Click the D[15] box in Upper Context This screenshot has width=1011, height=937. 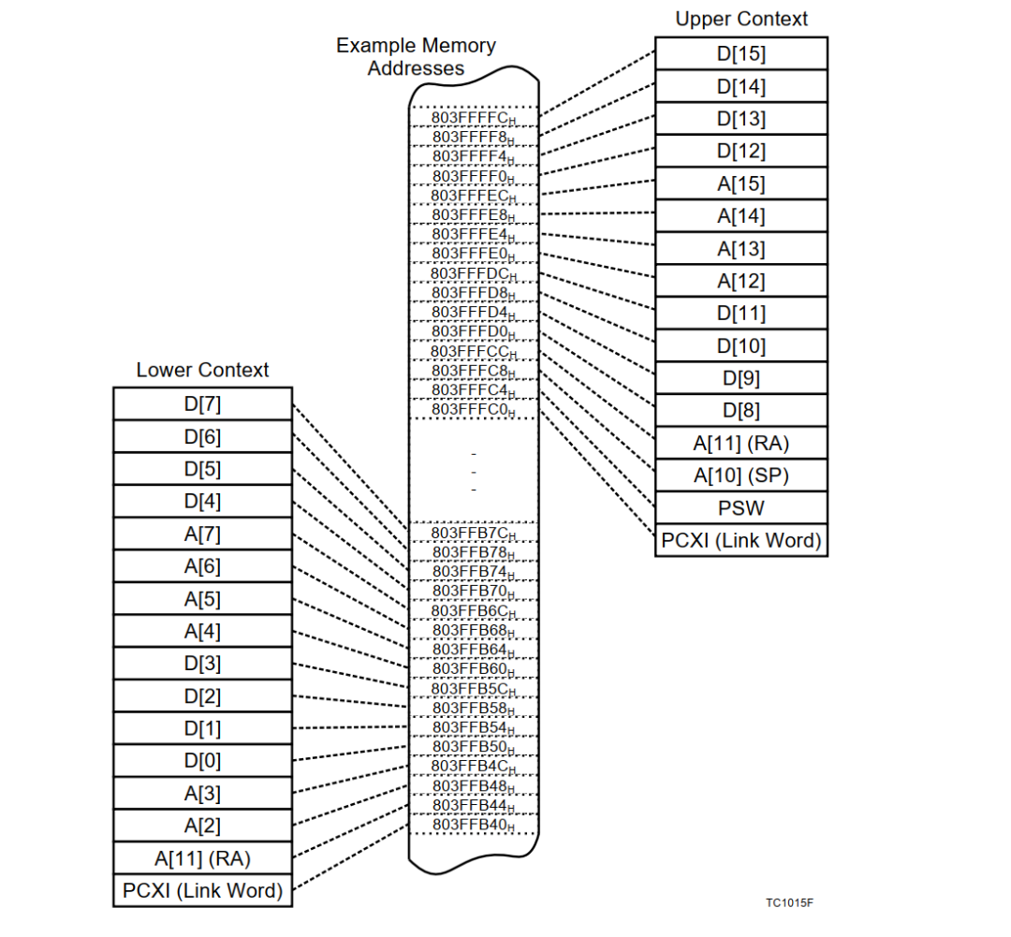coord(740,53)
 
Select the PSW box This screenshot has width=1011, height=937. coord(740,508)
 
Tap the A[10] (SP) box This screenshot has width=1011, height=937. coord(740,476)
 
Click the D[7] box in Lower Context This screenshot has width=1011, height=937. coord(202,403)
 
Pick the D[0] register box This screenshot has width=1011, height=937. coord(202,760)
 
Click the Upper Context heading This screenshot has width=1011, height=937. coord(740,19)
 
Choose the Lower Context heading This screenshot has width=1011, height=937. coord(202,370)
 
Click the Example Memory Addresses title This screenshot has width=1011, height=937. coord(416,56)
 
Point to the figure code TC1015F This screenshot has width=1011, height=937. coord(789,903)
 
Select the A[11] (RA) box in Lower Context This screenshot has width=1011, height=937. coord(202,857)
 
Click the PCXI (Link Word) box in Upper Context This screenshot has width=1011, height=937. coord(740,540)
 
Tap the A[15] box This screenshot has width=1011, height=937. coord(740,183)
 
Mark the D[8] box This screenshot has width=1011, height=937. coord(740,410)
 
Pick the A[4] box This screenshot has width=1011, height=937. coord(202,631)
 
